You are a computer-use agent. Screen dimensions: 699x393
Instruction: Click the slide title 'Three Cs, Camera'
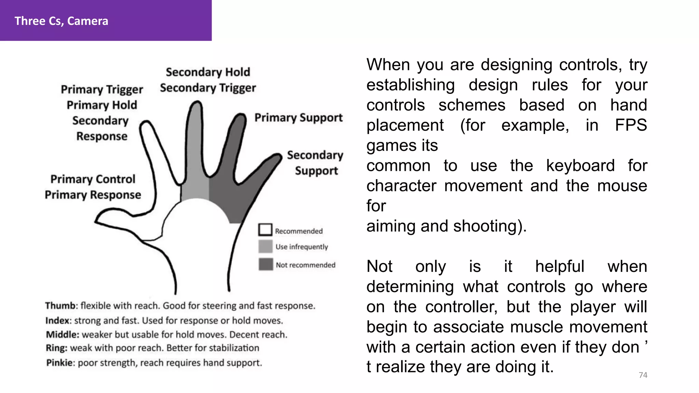pos(61,21)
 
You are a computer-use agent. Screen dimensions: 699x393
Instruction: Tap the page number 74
pos(643,375)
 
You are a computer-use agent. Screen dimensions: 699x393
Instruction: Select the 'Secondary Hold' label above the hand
pos(208,72)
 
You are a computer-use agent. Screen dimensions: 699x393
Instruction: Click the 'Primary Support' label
pos(298,118)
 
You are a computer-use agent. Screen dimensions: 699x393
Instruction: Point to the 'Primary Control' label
pos(93,179)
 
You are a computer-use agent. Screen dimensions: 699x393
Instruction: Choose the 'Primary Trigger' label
pos(102,89)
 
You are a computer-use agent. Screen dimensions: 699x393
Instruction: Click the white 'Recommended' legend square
pos(265,230)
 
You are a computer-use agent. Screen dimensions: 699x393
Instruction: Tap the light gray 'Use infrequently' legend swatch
pos(265,246)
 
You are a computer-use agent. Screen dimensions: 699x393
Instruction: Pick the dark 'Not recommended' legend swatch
pos(266,264)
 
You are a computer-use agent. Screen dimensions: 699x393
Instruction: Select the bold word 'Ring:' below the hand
pos(57,348)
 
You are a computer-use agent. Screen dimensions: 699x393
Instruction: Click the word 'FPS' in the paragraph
pos(631,125)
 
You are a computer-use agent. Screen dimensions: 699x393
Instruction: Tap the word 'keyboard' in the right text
pos(580,166)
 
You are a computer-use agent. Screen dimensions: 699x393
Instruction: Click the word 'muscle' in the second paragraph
pos(537,327)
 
